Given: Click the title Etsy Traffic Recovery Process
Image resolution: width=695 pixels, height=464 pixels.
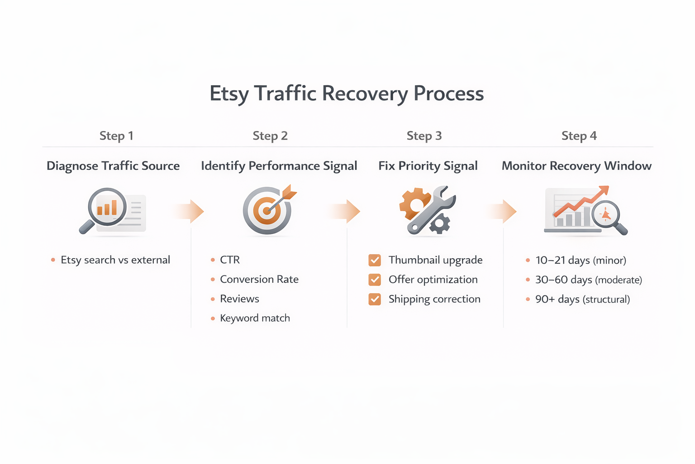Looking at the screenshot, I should tap(347, 94).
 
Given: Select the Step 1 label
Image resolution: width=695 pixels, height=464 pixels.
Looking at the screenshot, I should tap(116, 136).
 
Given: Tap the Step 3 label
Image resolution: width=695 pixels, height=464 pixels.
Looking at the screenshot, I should tap(424, 136).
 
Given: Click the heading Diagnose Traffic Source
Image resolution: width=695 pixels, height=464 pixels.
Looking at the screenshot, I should tap(113, 166).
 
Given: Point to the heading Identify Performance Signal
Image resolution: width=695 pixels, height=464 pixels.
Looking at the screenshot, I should tap(279, 166).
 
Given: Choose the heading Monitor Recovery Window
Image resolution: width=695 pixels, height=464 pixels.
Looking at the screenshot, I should tap(576, 166).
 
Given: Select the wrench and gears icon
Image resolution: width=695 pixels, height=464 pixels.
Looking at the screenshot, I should tap(427, 210).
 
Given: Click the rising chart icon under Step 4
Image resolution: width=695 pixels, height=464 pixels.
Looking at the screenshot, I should tap(585, 211).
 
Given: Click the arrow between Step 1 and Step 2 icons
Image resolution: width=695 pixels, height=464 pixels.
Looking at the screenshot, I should tap(189, 211).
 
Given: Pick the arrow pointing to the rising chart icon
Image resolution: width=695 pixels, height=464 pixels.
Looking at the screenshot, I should tap(503, 211).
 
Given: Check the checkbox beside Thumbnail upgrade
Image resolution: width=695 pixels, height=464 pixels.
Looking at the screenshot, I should tap(375, 260).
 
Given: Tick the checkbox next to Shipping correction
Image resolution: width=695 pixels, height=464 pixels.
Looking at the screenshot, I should tap(375, 300).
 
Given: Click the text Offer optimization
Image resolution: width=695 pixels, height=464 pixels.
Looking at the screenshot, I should tap(433, 280).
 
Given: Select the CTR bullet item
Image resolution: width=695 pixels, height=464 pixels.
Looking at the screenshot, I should tap(230, 260).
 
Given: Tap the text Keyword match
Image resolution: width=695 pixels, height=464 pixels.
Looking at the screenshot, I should tap(255, 318).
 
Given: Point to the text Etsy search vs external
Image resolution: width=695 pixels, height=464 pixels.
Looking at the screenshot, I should tap(115, 260).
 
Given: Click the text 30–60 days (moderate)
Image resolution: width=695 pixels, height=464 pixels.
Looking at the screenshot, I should tap(588, 280).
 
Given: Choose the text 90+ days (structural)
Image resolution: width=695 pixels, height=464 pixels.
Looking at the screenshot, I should tap(582, 300).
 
